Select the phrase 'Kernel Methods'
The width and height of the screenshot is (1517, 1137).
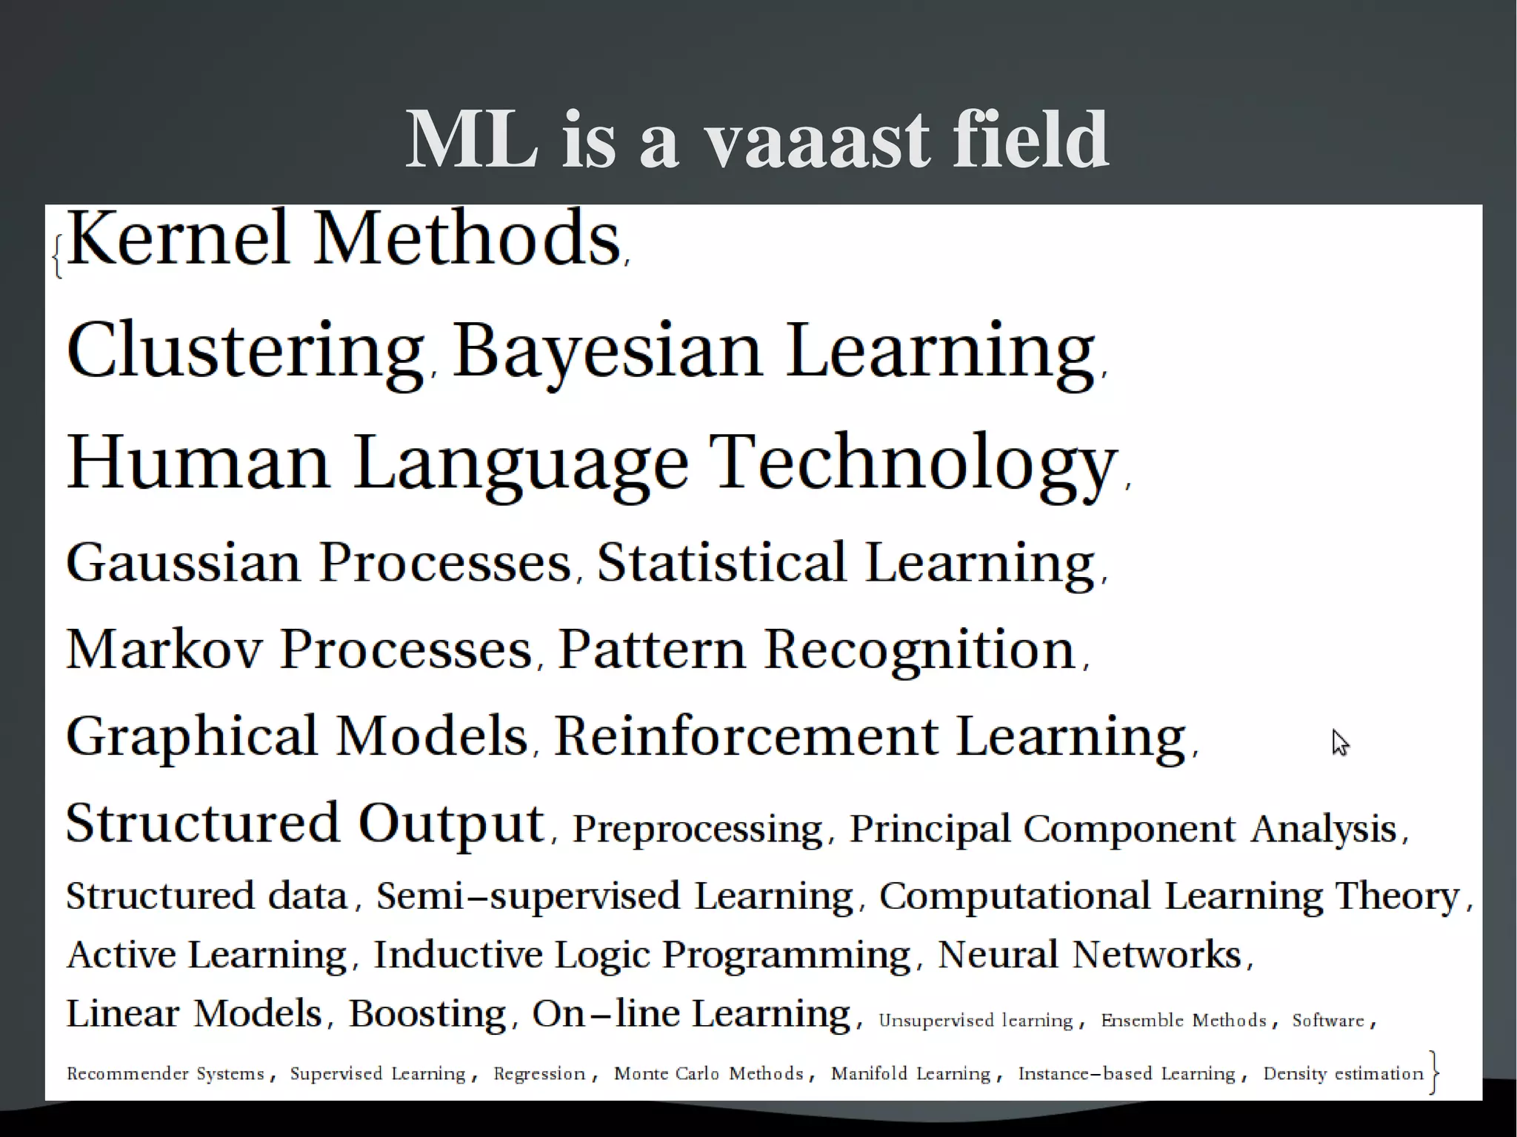coord(343,239)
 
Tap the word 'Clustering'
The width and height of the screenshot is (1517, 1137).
coord(244,350)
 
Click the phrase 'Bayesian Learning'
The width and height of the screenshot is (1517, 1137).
coord(773,350)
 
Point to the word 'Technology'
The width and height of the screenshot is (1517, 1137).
coord(912,462)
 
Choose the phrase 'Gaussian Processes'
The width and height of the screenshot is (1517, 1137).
coord(319,563)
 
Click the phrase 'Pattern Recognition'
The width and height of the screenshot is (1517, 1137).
coord(816,650)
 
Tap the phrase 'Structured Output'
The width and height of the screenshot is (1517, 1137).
coord(305,823)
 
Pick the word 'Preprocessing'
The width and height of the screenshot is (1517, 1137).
coord(697,829)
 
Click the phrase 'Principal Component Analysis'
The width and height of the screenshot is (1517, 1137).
coord(1122,829)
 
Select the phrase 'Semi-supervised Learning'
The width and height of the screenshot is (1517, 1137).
coord(615,896)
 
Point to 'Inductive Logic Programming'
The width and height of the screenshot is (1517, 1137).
coord(641,955)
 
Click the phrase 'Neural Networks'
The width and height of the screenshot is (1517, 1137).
coord(1089,955)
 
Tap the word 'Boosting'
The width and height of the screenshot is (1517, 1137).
coord(427,1013)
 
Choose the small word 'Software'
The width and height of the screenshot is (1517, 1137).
coord(1327,1021)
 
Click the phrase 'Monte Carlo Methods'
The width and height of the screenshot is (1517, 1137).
coord(708,1074)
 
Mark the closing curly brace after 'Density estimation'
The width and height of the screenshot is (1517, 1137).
coord(1435,1073)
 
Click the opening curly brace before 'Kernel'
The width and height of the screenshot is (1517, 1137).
coord(58,256)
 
